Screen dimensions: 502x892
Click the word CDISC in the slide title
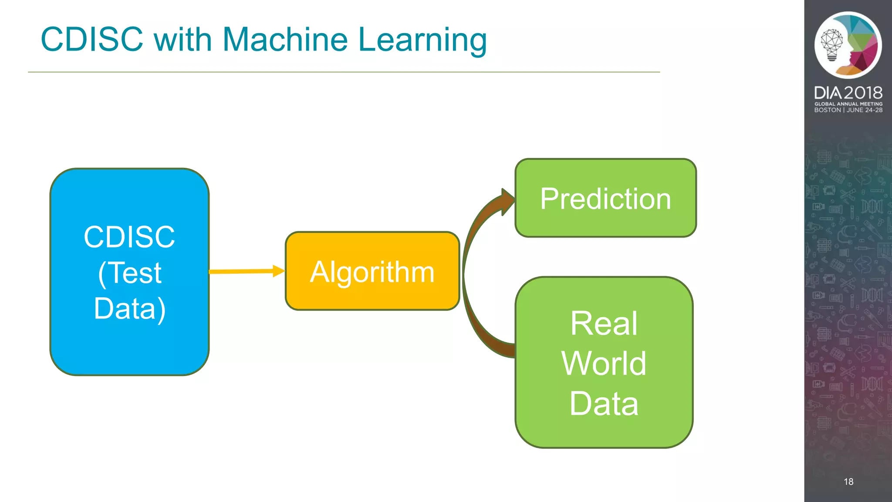[x=92, y=39]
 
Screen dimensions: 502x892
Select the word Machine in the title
[x=285, y=39]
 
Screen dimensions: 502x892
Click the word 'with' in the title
[x=182, y=39]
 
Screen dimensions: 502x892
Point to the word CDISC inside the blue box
[x=129, y=237]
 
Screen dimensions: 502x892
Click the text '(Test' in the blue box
[x=129, y=273]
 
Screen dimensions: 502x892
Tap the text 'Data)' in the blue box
[x=129, y=309]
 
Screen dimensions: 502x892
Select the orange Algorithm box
[x=372, y=271]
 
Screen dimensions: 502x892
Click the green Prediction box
[x=605, y=198]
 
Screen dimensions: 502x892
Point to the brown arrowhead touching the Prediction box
[x=508, y=202]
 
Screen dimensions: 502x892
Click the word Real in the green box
[x=604, y=323]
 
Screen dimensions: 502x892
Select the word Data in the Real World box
[x=604, y=403]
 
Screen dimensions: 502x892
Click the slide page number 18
[x=848, y=482]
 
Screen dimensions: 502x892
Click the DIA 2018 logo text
[x=848, y=93]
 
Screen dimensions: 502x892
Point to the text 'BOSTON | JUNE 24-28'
[x=848, y=110]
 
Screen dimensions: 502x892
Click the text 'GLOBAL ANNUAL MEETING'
[x=848, y=104]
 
